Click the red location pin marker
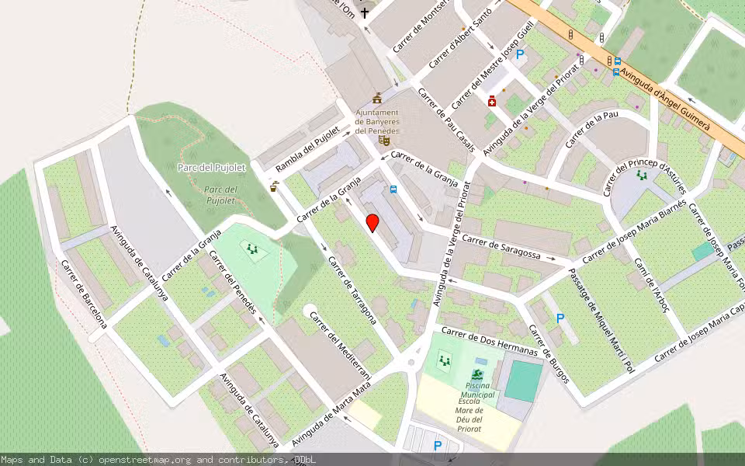pyautogui.click(x=372, y=223)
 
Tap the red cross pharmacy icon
pyautogui.click(x=492, y=101)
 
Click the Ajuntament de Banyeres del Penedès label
pyautogui.click(x=377, y=121)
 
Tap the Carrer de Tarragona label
pyautogui.click(x=353, y=290)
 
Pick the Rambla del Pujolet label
pyautogui.click(x=308, y=150)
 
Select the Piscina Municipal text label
pyautogui.click(x=478, y=390)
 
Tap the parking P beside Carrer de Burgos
pyautogui.click(x=560, y=318)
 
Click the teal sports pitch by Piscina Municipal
pyautogui.click(x=524, y=381)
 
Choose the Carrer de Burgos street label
pyautogui.click(x=549, y=353)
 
